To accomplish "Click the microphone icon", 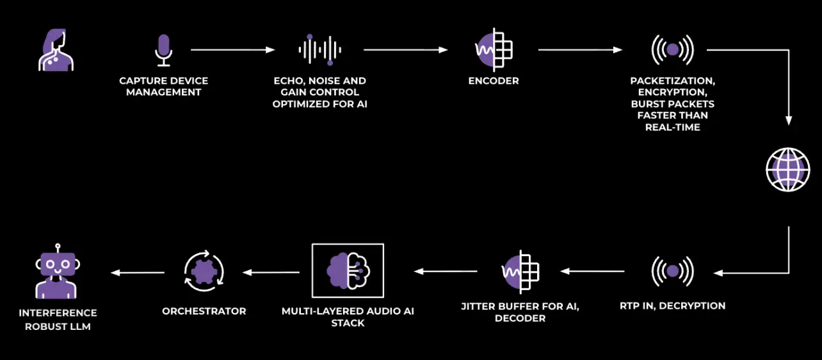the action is click(x=163, y=51).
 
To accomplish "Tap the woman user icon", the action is click(x=56, y=50).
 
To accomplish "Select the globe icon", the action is click(x=788, y=170).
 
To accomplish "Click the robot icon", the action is click(x=58, y=272).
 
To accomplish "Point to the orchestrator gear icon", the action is click(x=204, y=272).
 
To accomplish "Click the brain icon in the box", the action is click(x=348, y=271).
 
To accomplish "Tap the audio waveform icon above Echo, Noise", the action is click(x=319, y=50).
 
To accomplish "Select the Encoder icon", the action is click(x=494, y=49).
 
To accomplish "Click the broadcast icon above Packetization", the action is click(x=672, y=49).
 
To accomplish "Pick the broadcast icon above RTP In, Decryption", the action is click(x=672, y=272).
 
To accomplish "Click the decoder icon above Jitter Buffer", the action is click(x=520, y=272).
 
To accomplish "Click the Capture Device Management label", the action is click(x=164, y=86).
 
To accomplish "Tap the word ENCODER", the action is click(x=494, y=81).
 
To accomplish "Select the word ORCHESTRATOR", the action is click(x=204, y=311).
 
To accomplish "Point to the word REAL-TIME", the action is click(x=673, y=127).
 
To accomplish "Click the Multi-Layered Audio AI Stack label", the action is click(x=348, y=317).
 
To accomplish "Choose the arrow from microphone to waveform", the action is click(x=233, y=50).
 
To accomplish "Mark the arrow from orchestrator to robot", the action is click(x=138, y=273).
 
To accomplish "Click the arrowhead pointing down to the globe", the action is click(x=789, y=120).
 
